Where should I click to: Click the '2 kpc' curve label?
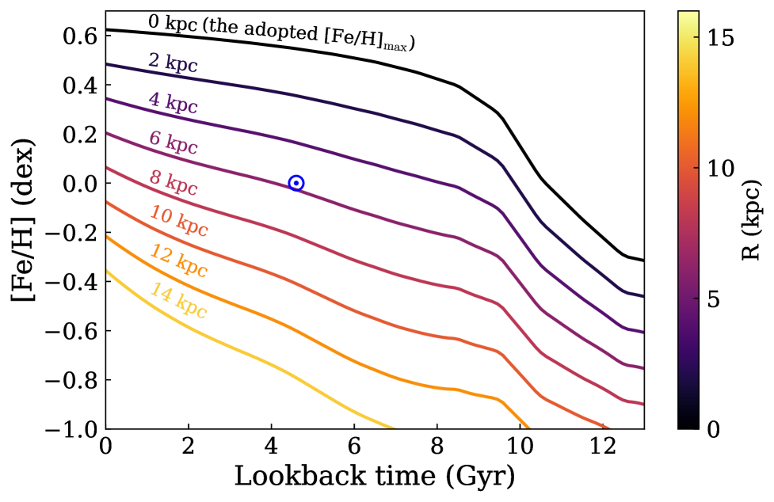pos(173,63)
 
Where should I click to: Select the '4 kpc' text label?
pos(173,103)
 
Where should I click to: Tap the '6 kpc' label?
pos(173,143)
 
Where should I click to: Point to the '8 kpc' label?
pos(173,183)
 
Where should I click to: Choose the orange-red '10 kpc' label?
pos(178,221)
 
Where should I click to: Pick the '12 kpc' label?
pos(178,261)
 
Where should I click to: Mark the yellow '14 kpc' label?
pos(178,301)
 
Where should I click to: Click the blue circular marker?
pos(296,183)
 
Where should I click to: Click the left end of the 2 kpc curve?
pos(108,65)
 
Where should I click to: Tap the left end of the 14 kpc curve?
pos(108,272)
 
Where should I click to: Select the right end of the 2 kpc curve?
pos(642,296)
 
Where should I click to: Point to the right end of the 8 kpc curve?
pos(642,404)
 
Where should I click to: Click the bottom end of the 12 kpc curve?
pos(528,428)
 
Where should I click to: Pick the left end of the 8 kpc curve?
pos(108,168)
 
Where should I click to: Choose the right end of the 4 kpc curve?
pos(642,332)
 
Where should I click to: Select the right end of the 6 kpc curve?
pos(642,368)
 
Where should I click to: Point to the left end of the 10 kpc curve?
pos(108,203)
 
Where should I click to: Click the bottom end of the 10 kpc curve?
pos(608,428)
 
